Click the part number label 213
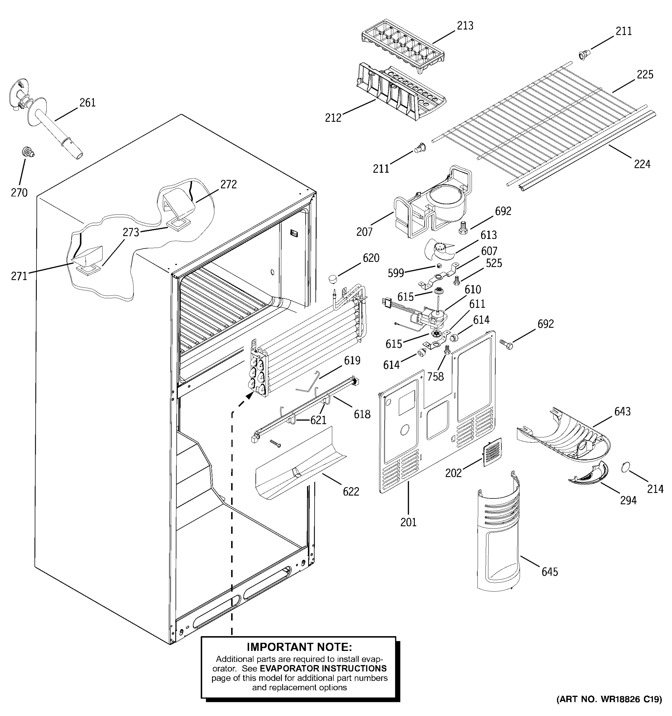[465, 26]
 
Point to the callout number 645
[550, 572]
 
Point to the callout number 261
[87, 103]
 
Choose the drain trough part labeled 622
[299, 465]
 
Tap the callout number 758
[435, 377]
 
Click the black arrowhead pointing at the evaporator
[249, 396]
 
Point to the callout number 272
[228, 184]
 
